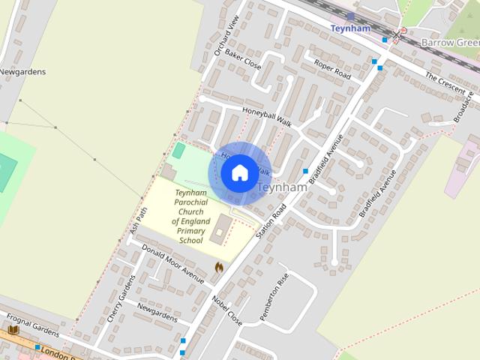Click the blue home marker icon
click(x=239, y=173)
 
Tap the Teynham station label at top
click(x=350, y=28)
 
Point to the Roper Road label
click(x=332, y=70)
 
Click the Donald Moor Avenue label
click(x=172, y=264)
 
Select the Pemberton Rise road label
click(x=274, y=298)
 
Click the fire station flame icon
click(x=219, y=266)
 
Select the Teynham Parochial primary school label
click(x=180, y=217)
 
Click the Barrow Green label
click(x=449, y=43)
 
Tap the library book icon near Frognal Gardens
click(x=13, y=330)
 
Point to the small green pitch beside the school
click(x=178, y=151)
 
